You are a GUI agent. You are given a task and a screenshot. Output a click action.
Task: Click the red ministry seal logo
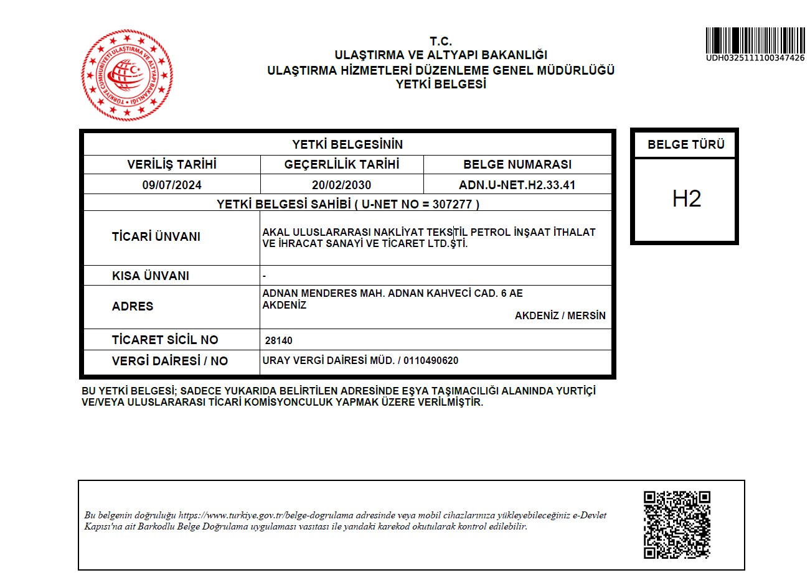127,75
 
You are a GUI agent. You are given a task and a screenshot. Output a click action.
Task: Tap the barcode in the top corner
755,40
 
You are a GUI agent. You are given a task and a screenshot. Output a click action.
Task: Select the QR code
677,525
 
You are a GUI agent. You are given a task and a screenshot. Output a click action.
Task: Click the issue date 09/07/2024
172,185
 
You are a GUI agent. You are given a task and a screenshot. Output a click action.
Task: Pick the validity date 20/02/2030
341,185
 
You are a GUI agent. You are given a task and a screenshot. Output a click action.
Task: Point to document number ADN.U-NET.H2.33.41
517,185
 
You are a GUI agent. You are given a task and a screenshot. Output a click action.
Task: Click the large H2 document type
686,198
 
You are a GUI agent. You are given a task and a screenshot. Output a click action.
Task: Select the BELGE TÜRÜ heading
685,144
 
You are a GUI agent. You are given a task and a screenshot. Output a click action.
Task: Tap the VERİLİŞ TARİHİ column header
172,164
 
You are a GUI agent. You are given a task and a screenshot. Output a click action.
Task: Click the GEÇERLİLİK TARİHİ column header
341,164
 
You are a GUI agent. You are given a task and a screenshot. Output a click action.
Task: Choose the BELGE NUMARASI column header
517,164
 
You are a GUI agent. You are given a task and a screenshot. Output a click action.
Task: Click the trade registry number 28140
278,340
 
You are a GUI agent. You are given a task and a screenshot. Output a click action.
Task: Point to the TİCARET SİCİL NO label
165,340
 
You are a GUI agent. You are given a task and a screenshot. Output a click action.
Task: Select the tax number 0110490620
430,360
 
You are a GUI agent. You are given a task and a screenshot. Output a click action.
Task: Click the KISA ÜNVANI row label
150,276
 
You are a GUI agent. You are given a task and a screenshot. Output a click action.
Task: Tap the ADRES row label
132,306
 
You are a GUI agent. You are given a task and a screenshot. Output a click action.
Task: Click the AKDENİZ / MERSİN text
560,315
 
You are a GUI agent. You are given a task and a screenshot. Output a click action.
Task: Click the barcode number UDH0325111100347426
755,58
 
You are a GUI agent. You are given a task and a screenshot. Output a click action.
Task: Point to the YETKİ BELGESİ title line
440,84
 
